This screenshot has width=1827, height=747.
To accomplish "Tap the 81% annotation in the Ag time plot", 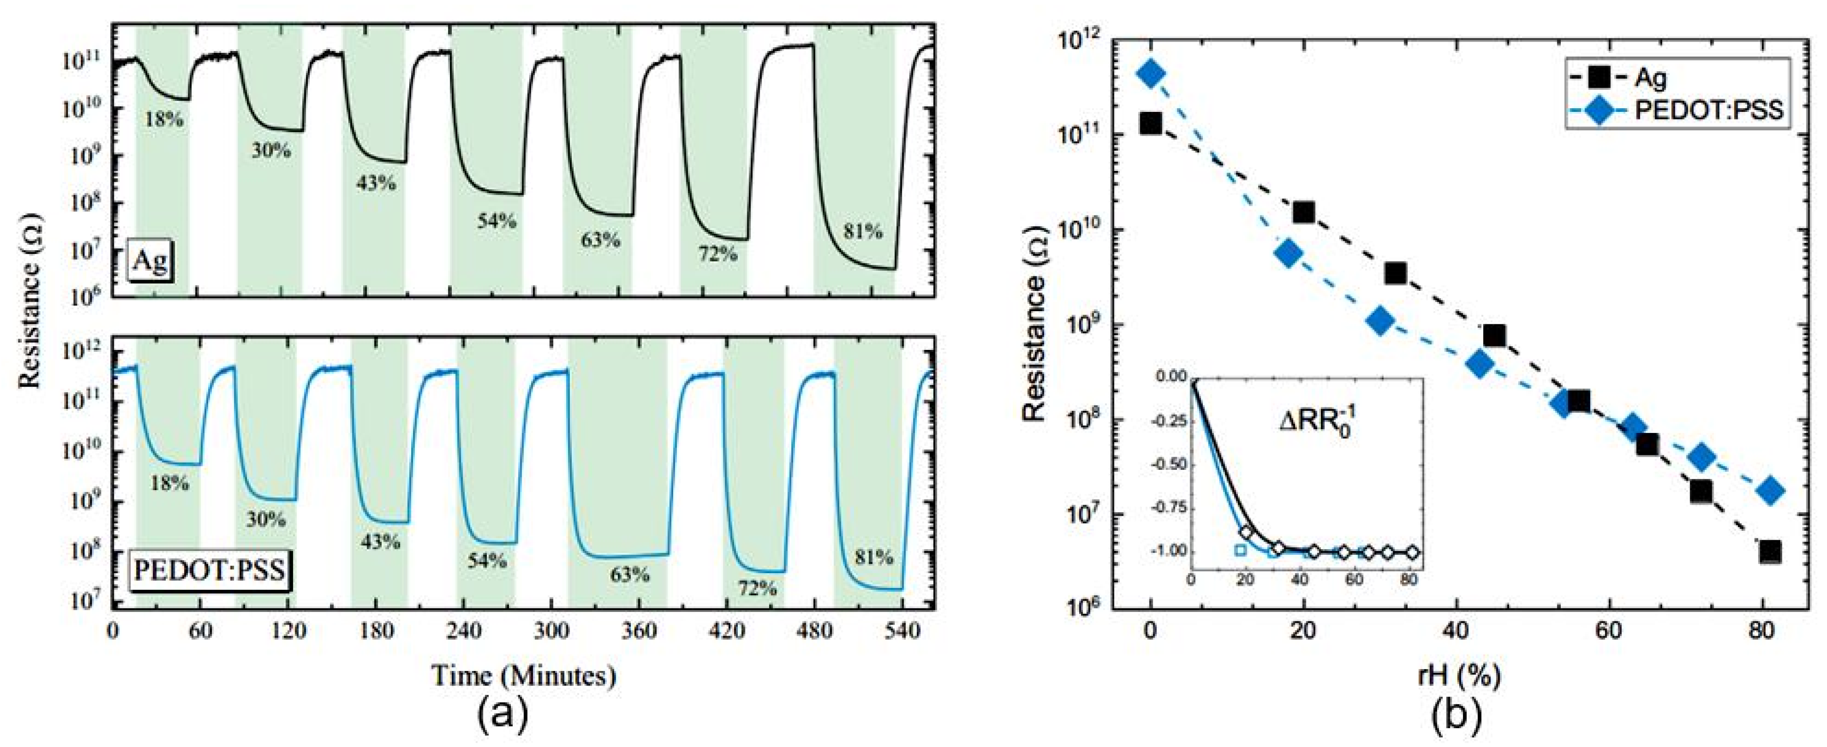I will (863, 231).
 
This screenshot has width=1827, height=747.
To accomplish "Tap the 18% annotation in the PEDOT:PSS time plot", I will (169, 484).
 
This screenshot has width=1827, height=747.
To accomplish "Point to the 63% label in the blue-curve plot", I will (630, 575).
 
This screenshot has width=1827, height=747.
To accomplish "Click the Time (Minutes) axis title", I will (524, 675).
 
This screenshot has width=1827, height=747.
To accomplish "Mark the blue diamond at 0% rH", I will (1150, 73).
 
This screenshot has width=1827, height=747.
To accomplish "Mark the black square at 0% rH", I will (1150, 123).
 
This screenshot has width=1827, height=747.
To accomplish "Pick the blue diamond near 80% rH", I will (1770, 490).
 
